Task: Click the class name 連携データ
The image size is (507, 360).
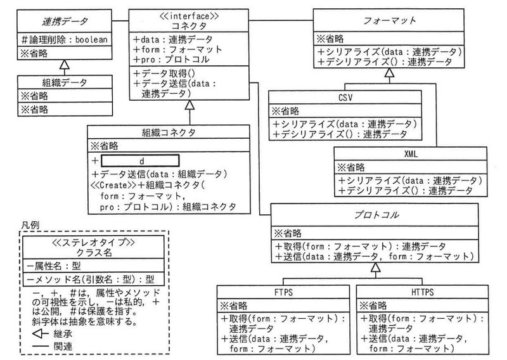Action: coord(61,23)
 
